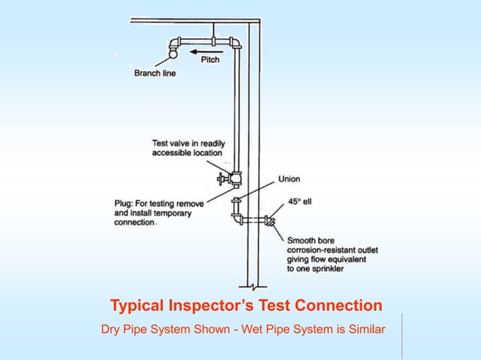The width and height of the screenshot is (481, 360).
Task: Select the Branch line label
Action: [x=155, y=73]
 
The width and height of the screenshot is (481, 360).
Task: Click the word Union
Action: [x=290, y=179]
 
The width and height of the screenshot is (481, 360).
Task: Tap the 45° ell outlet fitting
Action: [x=269, y=221]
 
